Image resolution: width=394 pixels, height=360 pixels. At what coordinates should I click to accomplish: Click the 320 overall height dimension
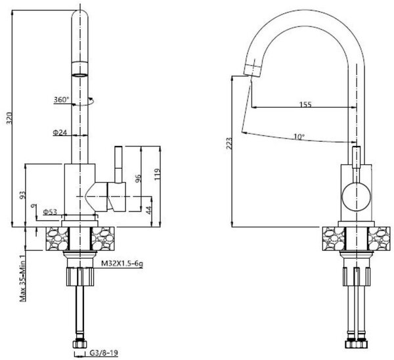point(9,118)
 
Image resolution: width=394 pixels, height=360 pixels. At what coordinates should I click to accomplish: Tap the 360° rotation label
point(61,99)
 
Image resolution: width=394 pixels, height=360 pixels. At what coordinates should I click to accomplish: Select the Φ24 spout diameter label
point(60,132)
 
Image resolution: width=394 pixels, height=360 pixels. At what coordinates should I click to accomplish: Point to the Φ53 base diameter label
point(50,212)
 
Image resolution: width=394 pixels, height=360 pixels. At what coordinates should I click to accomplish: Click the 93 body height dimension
point(22,195)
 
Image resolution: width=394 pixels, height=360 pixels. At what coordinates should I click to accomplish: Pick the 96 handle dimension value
point(138,178)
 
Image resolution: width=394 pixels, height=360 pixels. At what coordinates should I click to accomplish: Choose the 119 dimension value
point(158,174)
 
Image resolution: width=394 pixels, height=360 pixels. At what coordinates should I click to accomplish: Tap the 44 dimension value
point(149,210)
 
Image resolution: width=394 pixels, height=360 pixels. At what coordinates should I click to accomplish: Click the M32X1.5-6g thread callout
point(122,263)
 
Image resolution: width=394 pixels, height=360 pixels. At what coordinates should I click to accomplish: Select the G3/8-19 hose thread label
point(104,353)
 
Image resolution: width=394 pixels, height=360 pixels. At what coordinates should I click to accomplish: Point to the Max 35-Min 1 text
point(22,278)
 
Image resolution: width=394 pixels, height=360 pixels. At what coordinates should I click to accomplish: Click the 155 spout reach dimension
point(305,104)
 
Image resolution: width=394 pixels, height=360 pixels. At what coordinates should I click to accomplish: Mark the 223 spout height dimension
point(229,144)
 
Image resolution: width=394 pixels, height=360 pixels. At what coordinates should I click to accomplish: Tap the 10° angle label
point(299,137)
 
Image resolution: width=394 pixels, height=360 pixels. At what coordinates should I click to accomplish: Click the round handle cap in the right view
point(357,197)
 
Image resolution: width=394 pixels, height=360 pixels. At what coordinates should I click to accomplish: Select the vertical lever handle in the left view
point(118,165)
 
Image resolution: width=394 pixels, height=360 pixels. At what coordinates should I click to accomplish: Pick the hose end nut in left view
point(80,344)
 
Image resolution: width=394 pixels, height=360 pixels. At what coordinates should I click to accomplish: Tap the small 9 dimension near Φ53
point(32,206)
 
